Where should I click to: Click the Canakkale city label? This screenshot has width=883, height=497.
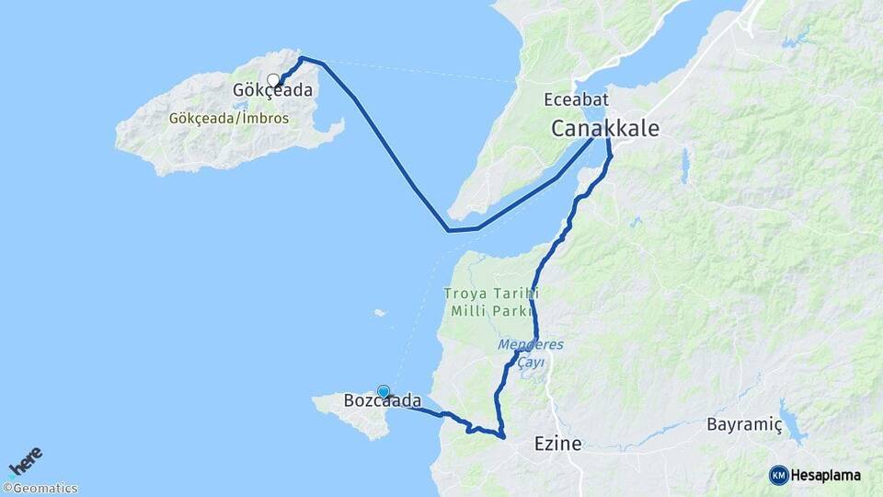pos(605,129)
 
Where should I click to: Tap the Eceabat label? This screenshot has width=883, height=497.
pos(576,99)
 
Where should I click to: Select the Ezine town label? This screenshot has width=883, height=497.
pos(558,444)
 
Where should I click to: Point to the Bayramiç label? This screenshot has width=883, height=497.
pos(744,424)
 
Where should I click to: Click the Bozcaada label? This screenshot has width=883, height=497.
pos(383,401)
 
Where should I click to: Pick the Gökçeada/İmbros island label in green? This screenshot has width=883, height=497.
pos(229,119)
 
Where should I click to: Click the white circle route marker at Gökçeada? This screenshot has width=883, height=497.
pos(273,80)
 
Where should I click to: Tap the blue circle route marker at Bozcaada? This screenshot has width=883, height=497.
pos(384,391)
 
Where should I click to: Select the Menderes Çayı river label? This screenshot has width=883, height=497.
pos(531,353)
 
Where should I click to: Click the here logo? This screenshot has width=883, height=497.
pos(26,461)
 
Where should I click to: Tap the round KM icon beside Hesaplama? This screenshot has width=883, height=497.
pos(778,475)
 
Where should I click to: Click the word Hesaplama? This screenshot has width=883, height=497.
pos(825,475)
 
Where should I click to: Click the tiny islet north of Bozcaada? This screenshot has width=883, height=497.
pos(379,313)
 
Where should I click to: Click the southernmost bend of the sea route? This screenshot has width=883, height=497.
pos(448,230)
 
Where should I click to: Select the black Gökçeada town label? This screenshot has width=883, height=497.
pos(272,91)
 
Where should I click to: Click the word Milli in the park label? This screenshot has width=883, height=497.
pos(468,311)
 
